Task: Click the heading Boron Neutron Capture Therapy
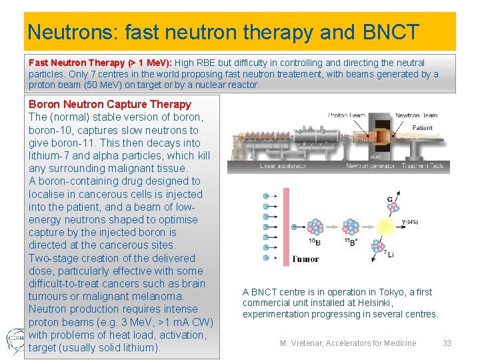110,104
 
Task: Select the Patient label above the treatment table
422,128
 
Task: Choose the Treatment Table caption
424,166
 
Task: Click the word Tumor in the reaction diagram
305,259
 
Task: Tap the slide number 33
447,343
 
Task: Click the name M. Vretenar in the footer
301,343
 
